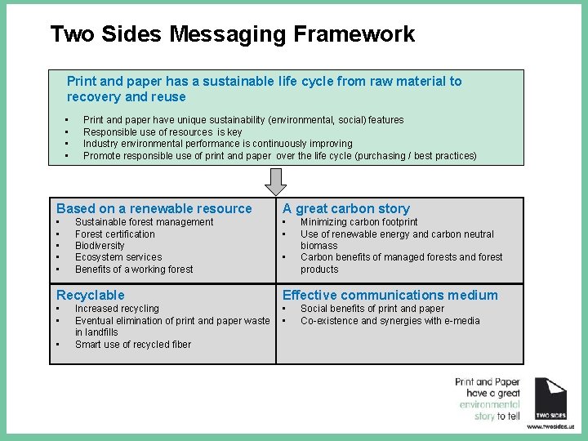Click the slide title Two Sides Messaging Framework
(232, 34)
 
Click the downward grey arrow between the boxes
(277, 180)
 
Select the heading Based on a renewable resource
(154, 208)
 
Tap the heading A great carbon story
(346, 208)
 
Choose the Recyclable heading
(91, 295)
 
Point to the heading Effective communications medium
(390, 295)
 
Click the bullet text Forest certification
(115, 234)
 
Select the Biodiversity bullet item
(100, 246)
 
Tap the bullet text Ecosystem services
(118, 257)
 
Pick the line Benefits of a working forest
(134, 269)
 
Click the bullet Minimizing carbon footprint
(359, 222)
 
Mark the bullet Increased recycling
(117, 309)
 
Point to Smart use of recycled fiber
(133, 345)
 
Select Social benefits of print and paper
(372, 309)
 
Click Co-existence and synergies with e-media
(389, 321)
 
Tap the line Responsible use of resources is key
(163, 131)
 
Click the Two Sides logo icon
(550, 398)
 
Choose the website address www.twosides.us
(550, 426)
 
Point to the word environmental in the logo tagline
(489, 404)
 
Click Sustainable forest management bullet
(144, 222)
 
